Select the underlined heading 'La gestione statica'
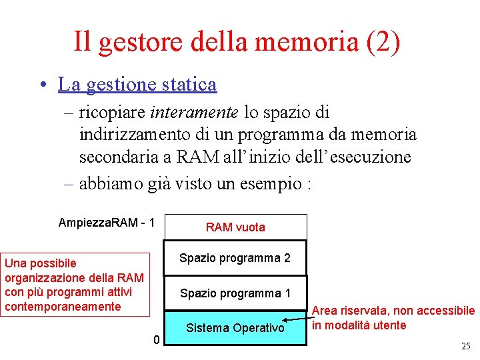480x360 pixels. pos(137,85)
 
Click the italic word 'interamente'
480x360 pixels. pos(195,113)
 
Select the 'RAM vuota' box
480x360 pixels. pos(235,227)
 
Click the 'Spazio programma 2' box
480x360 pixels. pos(235,258)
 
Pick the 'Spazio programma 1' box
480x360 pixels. pos(235,293)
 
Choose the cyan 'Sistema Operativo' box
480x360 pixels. pos(235,328)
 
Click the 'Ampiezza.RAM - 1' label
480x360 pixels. pos(107,222)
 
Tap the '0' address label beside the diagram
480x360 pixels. pos(156,340)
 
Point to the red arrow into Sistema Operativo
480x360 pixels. pos(297,323)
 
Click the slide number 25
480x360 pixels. pos(465,346)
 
